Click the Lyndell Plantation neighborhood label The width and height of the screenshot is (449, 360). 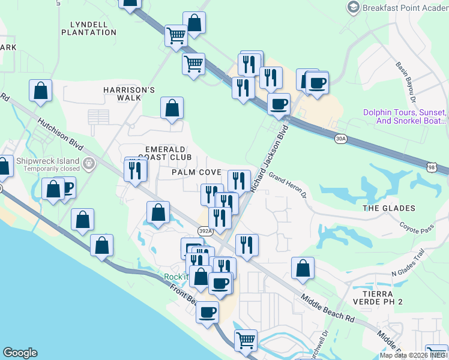88,28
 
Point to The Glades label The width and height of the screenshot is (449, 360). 389,208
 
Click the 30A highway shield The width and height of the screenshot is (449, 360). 341,139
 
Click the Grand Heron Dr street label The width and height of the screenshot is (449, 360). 287,186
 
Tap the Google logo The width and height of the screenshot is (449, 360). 20,353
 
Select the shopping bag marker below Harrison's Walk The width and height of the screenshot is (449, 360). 172,109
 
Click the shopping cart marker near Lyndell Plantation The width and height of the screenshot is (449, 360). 176,35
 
